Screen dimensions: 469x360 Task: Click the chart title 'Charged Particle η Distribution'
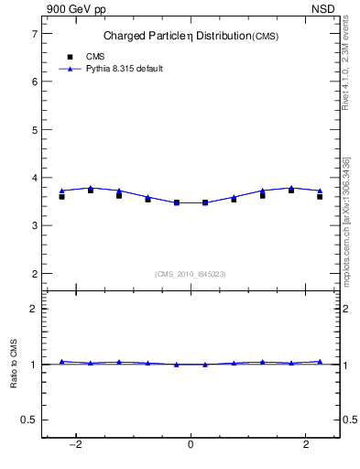click(x=169, y=36)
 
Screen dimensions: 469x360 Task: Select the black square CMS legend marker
click(x=70, y=57)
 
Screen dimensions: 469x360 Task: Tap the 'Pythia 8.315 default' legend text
click(x=124, y=69)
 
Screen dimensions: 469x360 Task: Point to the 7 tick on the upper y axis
click(x=34, y=34)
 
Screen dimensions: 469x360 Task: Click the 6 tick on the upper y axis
click(x=34, y=82)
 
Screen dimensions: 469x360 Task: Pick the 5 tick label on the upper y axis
click(x=34, y=129)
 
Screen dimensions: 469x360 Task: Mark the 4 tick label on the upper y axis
click(x=34, y=178)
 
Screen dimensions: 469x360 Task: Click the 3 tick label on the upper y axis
click(x=34, y=225)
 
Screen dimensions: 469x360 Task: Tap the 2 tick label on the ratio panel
click(x=34, y=309)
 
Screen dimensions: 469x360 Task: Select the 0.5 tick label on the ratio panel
click(x=29, y=420)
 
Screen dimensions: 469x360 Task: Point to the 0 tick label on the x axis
click(x=191, y=446)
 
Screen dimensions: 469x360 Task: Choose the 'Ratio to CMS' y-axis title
click(x=14, y=364)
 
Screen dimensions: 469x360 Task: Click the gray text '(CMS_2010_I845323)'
click(x=191, y=273)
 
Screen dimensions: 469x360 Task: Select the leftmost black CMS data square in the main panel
click(x=62, y=196)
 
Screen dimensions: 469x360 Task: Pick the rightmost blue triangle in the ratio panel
click(x=320, y=361)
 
